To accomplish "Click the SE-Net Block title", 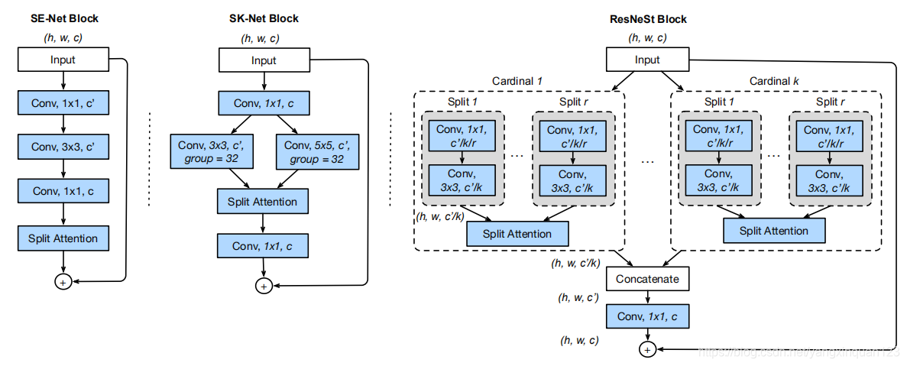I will pos(64,18).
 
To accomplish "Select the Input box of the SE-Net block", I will pos(64,60).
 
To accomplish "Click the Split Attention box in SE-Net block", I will pos(64,238).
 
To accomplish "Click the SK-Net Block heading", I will pos(264,18).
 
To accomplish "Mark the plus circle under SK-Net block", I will pos(264,286).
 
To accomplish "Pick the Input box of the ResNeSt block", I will pos(647,60).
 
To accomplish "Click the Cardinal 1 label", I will pos(518,81).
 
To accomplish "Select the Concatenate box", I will pos(647,279).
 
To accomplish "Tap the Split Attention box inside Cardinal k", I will pos(775,231).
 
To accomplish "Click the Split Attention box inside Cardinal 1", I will pos(518,234).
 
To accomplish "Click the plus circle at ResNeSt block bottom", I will pos(647,349).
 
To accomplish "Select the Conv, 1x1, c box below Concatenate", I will pos(647,316).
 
